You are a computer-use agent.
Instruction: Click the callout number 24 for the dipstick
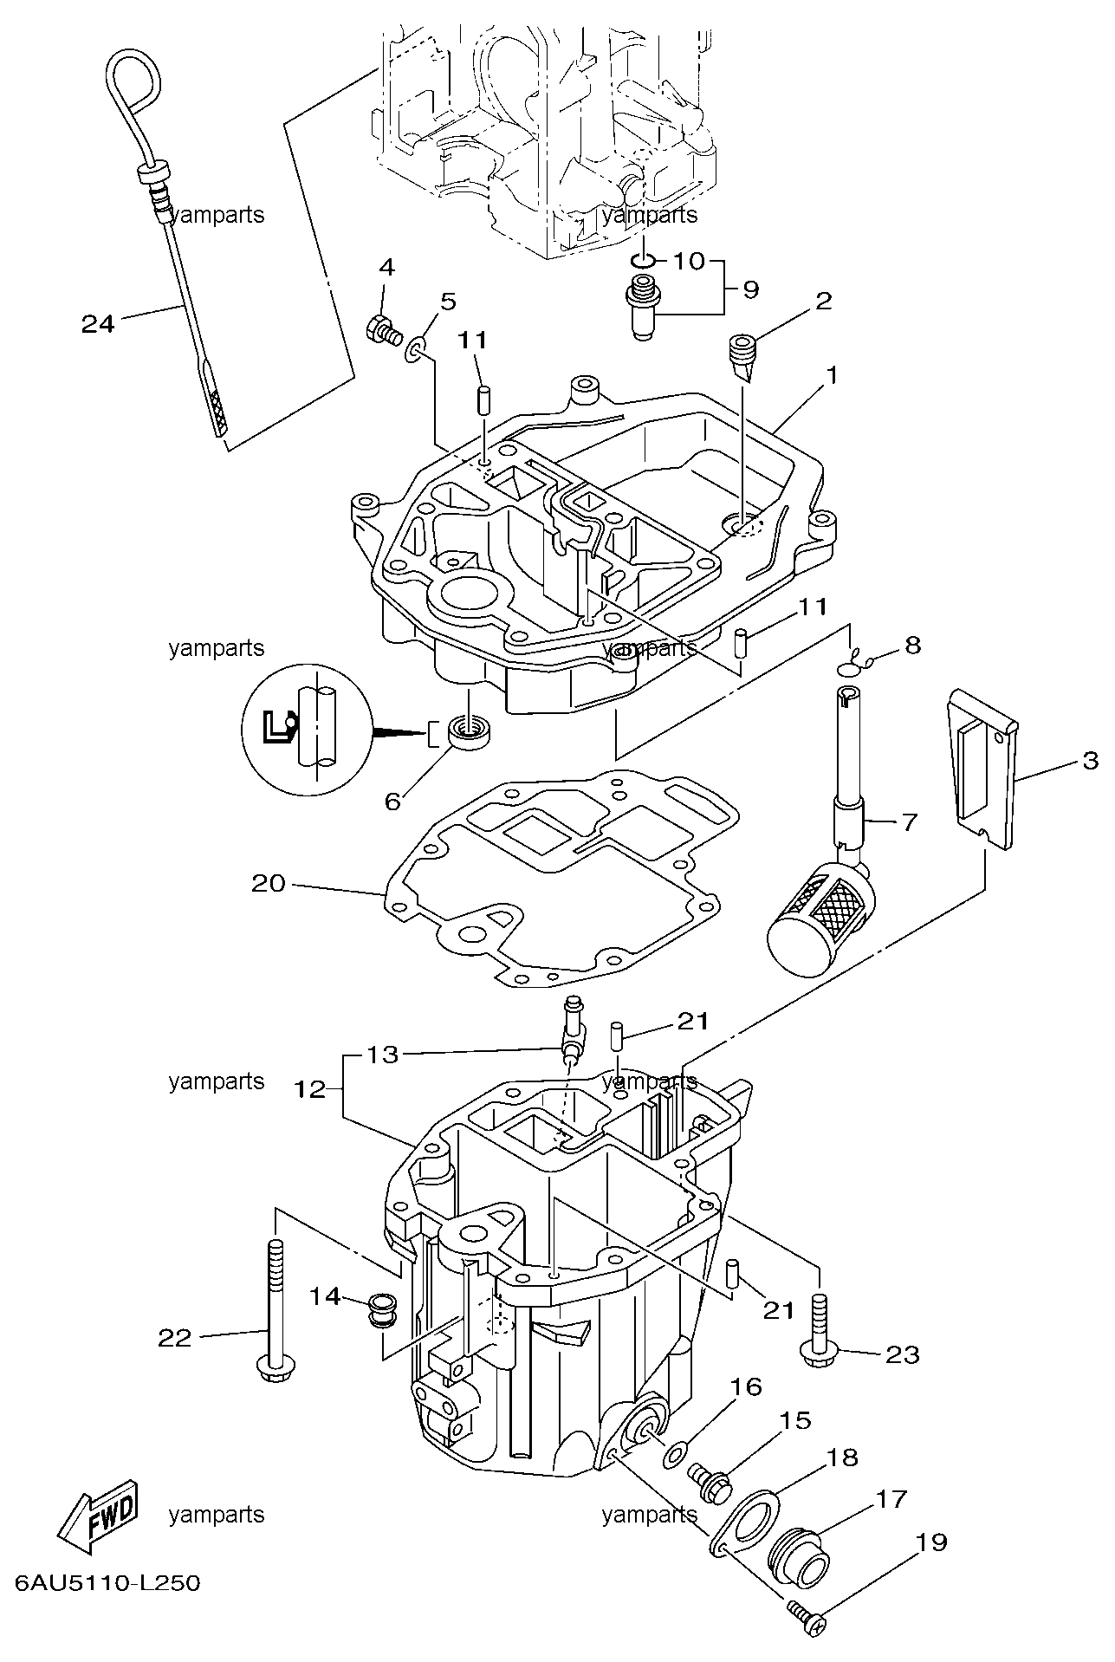pos(97,324)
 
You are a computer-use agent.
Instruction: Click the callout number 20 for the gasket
pos(269,883)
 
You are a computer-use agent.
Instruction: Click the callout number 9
pos(749,289)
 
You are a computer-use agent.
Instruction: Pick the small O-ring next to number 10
pos(642,260)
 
